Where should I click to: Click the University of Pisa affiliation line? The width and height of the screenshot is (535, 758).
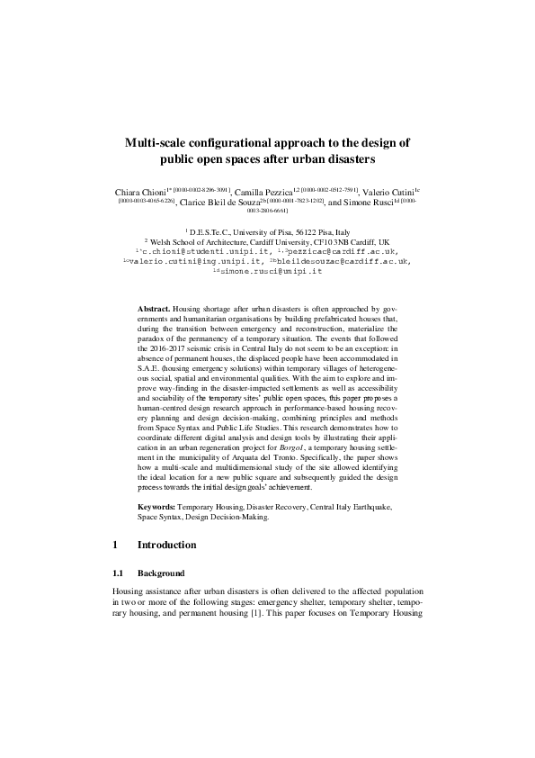tap(267, 231)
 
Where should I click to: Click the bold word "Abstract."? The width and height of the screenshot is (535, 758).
tap(156, 308)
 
